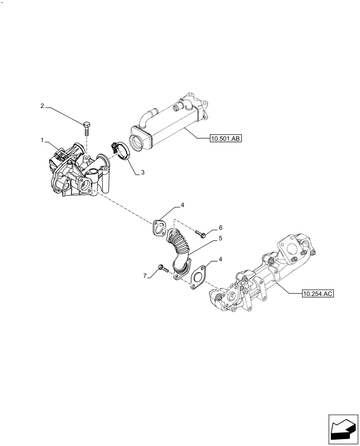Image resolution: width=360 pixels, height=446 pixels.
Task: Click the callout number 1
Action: click(42, 140)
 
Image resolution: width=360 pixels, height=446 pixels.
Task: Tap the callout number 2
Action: click(42, 106)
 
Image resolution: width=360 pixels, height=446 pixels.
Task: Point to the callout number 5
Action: click(220, 239)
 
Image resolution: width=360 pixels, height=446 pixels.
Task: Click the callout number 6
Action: click(220, 227)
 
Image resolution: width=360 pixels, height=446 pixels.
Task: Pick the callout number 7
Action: click(145, 277)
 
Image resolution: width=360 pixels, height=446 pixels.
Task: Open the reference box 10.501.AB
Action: click(225, 139)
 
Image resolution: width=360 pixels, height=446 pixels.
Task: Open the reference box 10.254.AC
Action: click(318, 293)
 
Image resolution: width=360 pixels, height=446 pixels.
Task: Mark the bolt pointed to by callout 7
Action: click(162, 268)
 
